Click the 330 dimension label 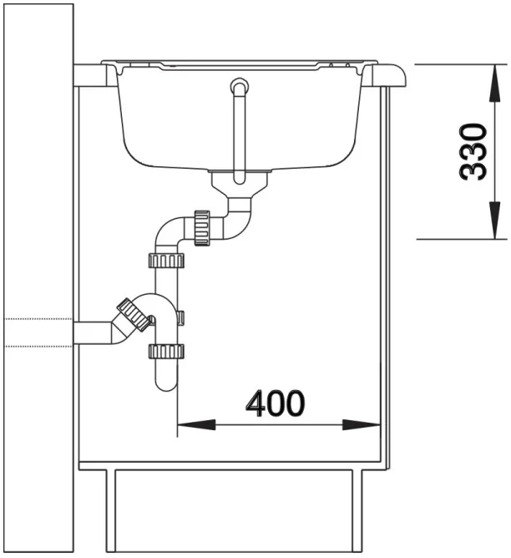click(473, 152)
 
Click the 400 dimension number click(276, 403)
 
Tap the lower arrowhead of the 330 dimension click(494, 220)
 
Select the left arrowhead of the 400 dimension click(196, 424)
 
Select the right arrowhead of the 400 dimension click(362, 424)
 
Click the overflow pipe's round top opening click(240, 87)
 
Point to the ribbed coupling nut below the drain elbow click(202, 228)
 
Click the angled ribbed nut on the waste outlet click(134, 314)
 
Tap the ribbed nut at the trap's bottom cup click(166, 351)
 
